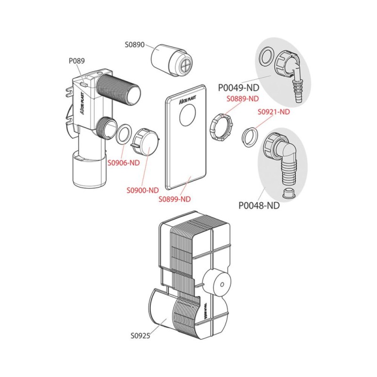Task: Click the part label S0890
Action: (134, 45)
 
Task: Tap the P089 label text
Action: (76, 60)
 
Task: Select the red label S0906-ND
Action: (123, 163)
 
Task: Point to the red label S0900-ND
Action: (142, 190)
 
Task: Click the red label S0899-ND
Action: (175, 199)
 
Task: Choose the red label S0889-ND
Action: (243, 99)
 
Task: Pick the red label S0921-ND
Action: (274, 112)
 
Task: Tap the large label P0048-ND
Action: (259, 205)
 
